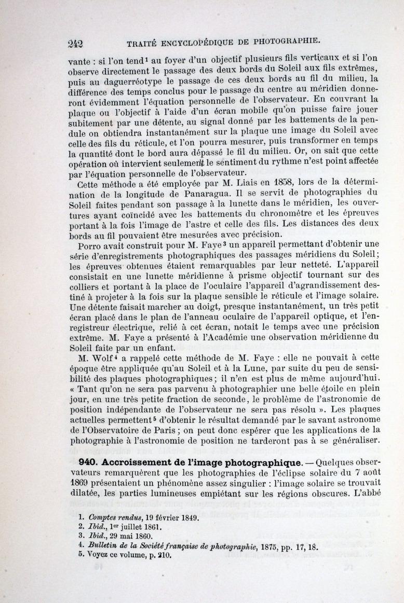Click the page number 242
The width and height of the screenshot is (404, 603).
[x=76, y=43]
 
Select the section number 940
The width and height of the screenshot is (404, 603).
[x=89, y=462]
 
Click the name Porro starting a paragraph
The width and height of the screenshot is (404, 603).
[x=90, y=246]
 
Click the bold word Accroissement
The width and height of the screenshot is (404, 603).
[x=139, y=462]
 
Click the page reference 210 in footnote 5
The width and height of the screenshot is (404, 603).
[x=164, y=554]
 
